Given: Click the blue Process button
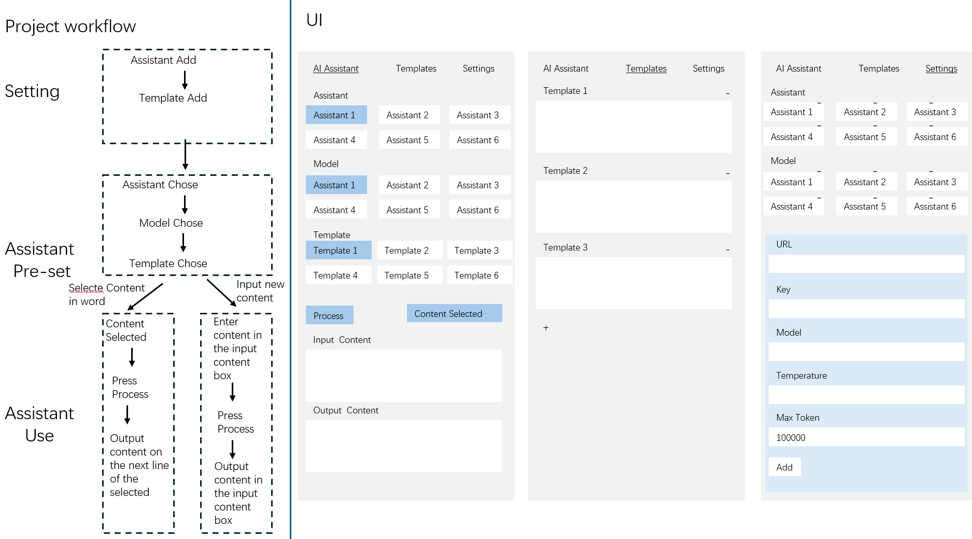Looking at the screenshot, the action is click(x=329, y=315).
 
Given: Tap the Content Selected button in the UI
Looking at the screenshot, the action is click(x=454, y=313).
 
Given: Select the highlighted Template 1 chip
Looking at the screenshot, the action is click(x=339, y=250).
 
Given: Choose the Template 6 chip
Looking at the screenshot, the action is click(x=480, y=275).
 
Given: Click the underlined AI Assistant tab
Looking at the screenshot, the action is click(x=336, y=68).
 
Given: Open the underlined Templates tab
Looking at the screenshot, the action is click(x=646, y=68).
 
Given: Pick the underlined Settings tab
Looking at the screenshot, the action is click(x=941, y=68).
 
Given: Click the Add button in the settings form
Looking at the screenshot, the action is click(x=784, y=467).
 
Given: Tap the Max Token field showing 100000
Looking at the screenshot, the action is click(x=866, y=437).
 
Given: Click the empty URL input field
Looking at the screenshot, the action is click(x=866, y=264).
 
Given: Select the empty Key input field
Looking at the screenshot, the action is click(x=866, y=309).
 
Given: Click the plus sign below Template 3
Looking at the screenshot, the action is click(x=546, y=328).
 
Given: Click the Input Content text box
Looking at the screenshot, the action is click(x=404, y=376).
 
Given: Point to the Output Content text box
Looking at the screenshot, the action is click(x=404, y=446).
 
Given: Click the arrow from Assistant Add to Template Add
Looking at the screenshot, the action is click(x=185, y=80).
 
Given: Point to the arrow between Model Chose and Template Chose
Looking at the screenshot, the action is click(x=184, y=242).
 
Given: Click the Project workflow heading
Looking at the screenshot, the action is click(x=71, y=26).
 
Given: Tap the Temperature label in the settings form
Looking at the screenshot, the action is click(x=801, y=376).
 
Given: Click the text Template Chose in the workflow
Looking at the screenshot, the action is click(x=168, y=264).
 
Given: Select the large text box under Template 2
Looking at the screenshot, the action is click(x=634, y=206).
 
